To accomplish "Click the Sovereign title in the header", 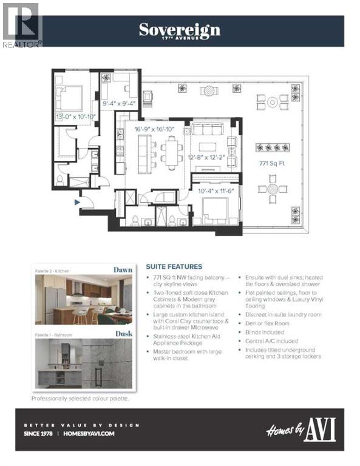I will (x=180, y=30).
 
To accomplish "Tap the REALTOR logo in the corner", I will (x=21, y=25).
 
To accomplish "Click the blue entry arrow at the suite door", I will (x=76, y=202).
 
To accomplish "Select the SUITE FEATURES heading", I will (x=174, y=266).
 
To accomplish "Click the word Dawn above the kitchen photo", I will (x=122, y=270).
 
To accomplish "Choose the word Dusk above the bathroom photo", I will (x=123, y=333).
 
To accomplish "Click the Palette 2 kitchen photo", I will (x=84, y=300).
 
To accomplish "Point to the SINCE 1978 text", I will (x=40, y=433).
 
